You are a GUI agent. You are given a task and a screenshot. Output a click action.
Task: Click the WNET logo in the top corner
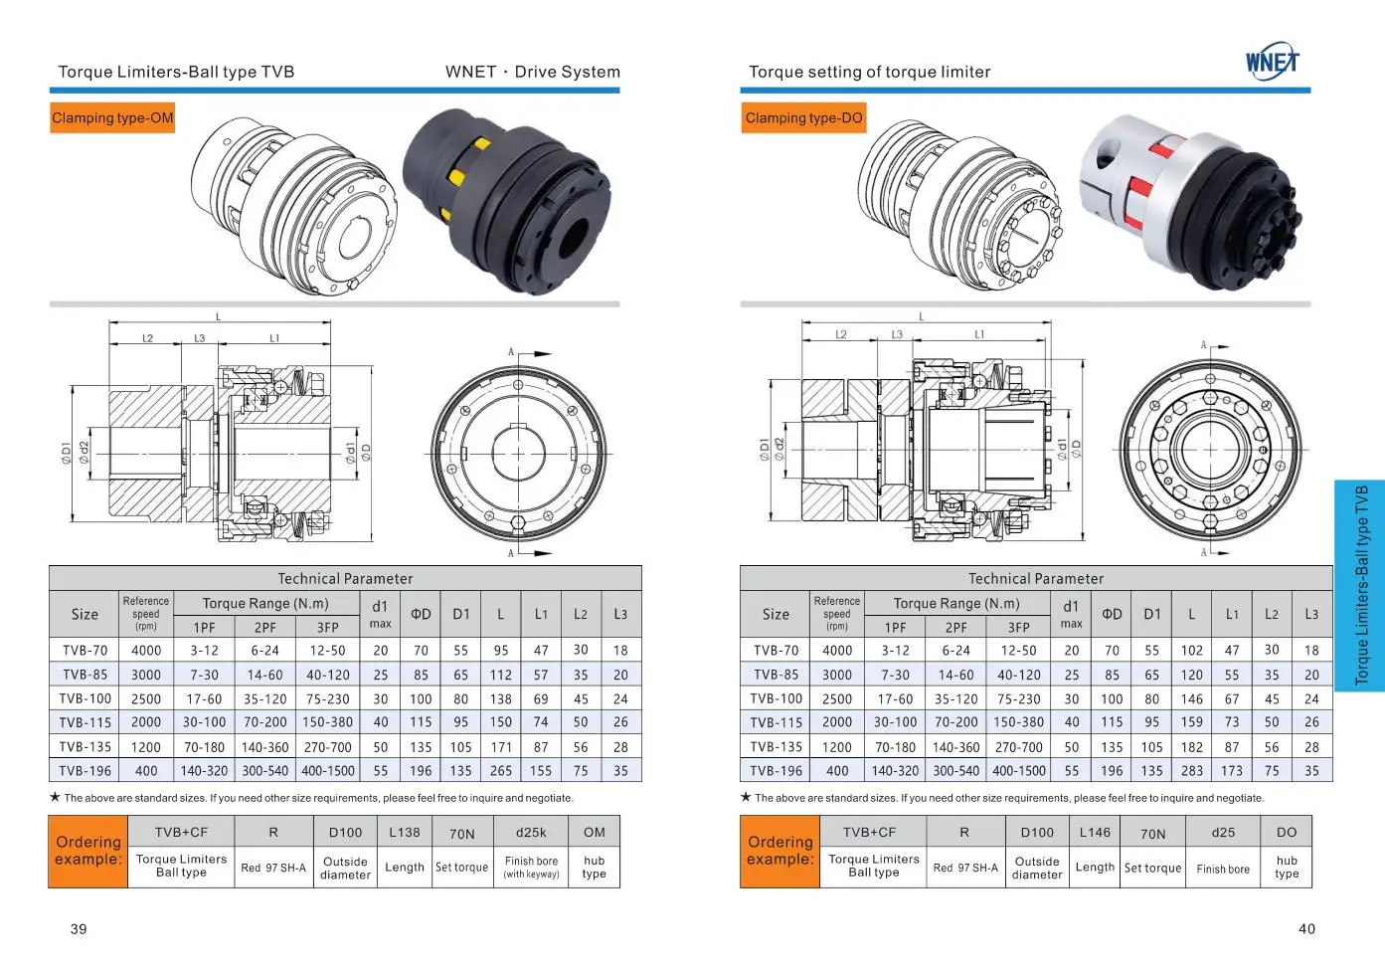[1272, 62]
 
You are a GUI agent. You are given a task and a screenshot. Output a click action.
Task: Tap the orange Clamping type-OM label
[112, 118]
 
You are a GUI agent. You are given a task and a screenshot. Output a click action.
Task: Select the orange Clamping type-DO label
[803, 118]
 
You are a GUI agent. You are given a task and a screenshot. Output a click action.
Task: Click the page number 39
[79, 929]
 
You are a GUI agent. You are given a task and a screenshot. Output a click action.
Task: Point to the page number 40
[1306, 929]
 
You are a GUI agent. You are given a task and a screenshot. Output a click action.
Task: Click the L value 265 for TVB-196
[501, 771]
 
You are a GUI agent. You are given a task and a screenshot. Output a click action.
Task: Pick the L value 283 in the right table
[1192, 771]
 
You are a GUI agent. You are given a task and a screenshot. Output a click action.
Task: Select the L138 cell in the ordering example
[405, 833]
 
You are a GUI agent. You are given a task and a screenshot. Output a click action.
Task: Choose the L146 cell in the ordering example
[1095, 833]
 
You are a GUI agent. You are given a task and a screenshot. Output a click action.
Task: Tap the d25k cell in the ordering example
[531, 833]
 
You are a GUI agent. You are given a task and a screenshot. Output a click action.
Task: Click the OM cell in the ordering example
[595, 833]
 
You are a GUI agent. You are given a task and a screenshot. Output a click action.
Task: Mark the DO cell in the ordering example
[1287, 833]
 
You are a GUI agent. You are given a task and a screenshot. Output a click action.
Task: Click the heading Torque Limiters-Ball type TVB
[176, 72]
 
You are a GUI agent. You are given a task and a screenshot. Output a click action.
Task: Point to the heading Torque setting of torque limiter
[869, 72]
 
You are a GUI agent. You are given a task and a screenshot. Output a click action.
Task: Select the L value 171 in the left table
[501, 747]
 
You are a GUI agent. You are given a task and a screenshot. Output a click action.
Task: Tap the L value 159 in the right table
[1192, 722]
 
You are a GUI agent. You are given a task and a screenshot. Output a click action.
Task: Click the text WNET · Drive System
[532, 72]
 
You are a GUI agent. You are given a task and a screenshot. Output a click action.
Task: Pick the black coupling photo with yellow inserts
[507, 199]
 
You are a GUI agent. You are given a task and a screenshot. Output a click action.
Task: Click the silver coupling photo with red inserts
[1193, 199]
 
